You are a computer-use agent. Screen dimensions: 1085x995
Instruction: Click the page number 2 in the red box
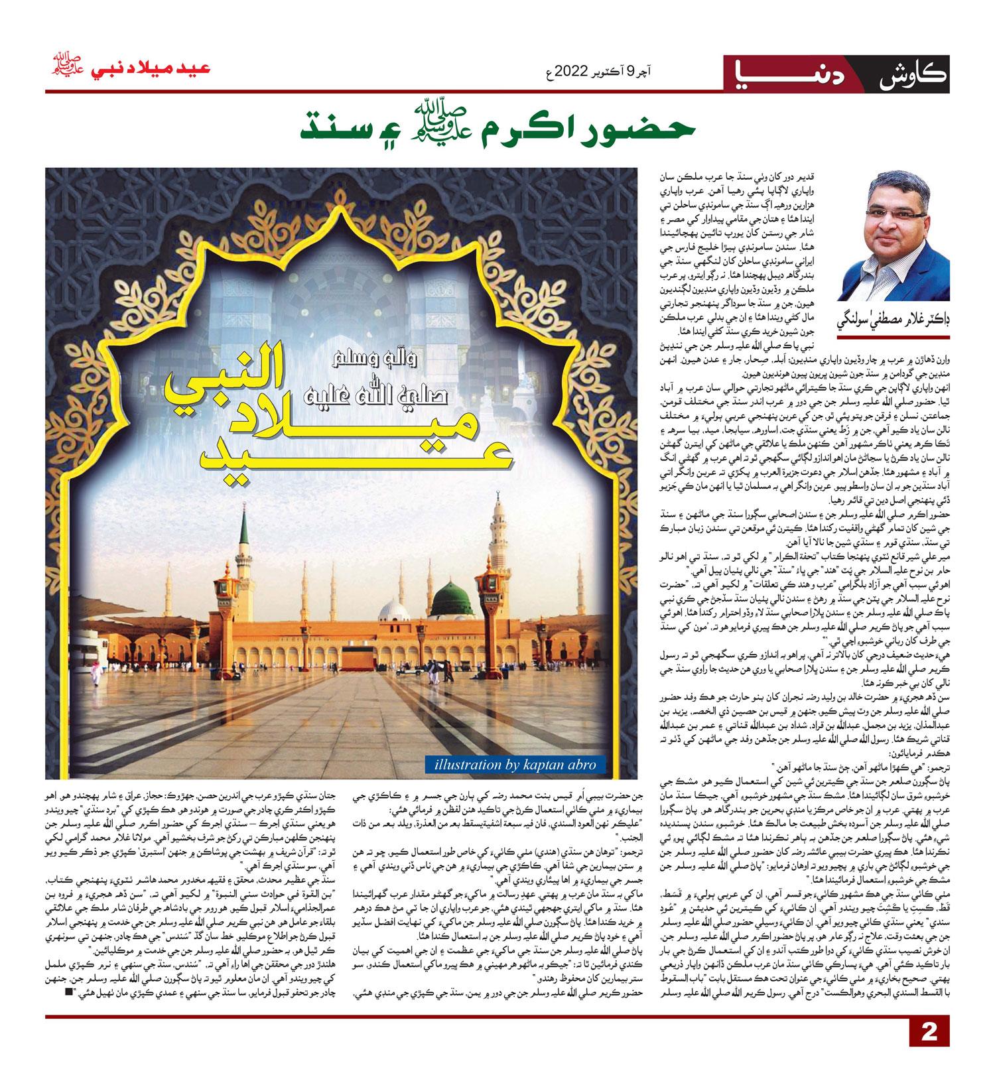click(929, 1031)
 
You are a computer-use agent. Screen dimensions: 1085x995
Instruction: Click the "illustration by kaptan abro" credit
click(515, 765)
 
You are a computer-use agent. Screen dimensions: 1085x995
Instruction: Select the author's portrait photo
click(893, 236)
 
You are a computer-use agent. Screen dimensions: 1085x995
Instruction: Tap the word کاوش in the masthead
click(913, 74)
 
